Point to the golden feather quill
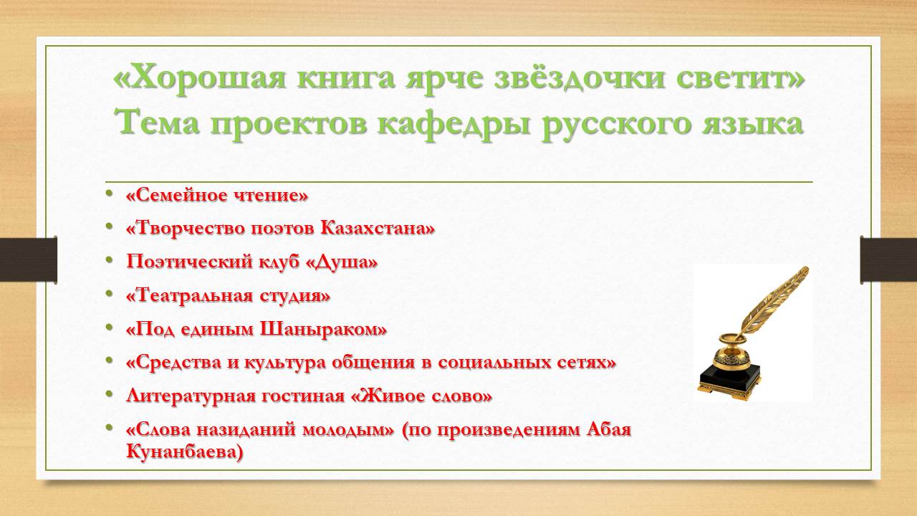tap(774, 303)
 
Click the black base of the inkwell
tap(729, 380)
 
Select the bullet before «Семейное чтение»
tap(109, 193)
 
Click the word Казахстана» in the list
tap(377, 228)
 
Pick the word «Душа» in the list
tap(342, 262)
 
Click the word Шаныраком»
tap(323, 329)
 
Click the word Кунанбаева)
tap(185, 452)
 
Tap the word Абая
tap(609, 429)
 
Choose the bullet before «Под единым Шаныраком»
tap(109, 328)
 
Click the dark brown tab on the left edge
tap(28, 259)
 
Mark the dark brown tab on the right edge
tap(888, 259)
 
